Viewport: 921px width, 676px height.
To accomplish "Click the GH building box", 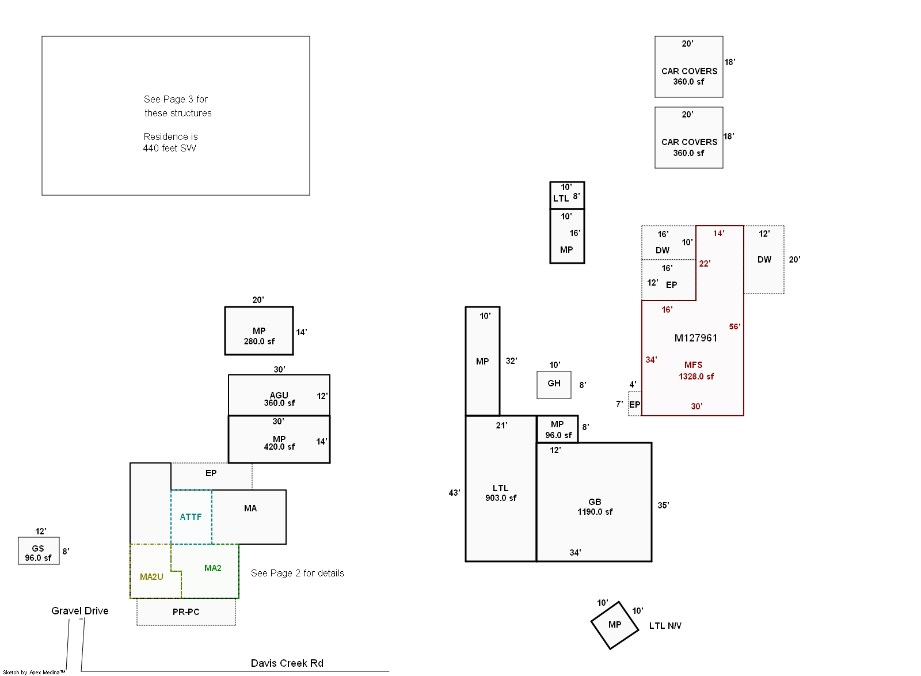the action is (x=554, y=385).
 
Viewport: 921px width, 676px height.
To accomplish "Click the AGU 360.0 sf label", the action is (x=279, y=399).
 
